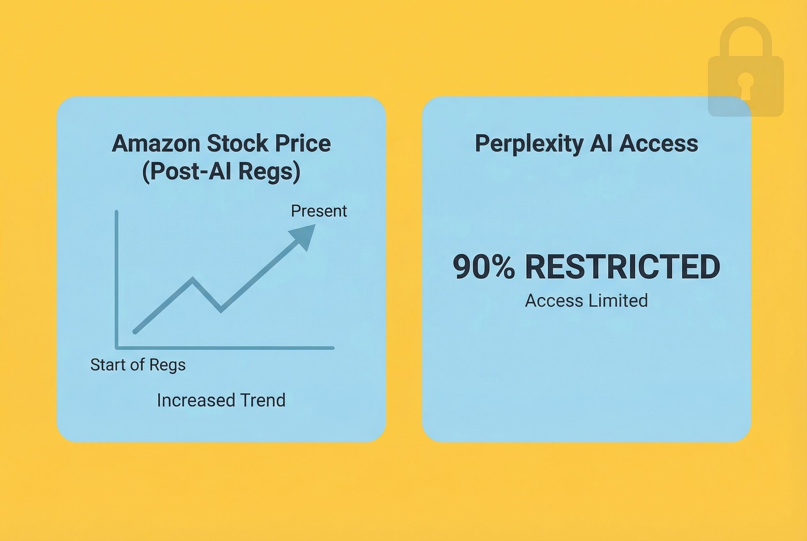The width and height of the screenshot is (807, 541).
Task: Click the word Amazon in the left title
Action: [x=155, y=144]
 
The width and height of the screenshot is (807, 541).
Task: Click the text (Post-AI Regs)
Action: [x=221, y=172]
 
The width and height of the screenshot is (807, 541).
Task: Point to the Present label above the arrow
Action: [x=319, y=211]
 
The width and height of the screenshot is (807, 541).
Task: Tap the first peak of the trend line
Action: [x=193, y=279]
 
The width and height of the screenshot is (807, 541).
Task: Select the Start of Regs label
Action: [x=138, y=365]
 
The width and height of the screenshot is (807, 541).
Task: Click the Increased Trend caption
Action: [x=221, y=400]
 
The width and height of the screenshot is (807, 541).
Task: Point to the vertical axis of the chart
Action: [x=117, y=276]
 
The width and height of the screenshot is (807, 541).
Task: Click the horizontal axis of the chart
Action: [x=224, y=348]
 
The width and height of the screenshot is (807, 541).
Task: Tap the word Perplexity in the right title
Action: [x=529, y=144]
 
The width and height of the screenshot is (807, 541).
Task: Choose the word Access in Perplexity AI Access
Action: [x=659, y=144]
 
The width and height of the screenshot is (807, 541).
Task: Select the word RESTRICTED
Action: [x=622, y=267]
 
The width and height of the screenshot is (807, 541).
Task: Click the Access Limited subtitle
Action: [x=586, y=300]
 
